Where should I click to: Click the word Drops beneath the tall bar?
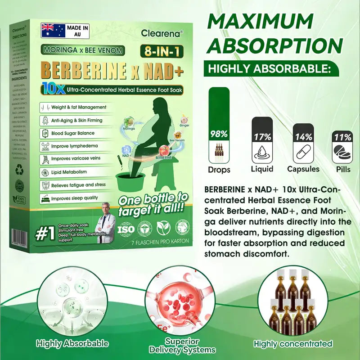(x=219, y=170)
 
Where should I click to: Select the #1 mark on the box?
(x=45, y=235)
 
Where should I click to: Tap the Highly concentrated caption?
(x=293, y=344)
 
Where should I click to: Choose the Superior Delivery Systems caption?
(x=182, y=346)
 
